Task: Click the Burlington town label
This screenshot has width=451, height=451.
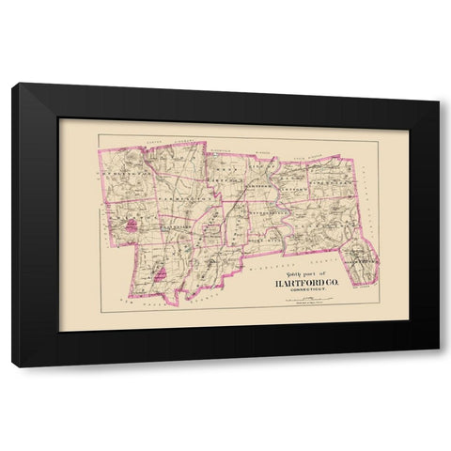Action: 120,175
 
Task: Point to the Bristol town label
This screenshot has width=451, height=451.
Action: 123,214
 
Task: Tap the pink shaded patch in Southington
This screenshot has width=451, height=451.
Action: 162,272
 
